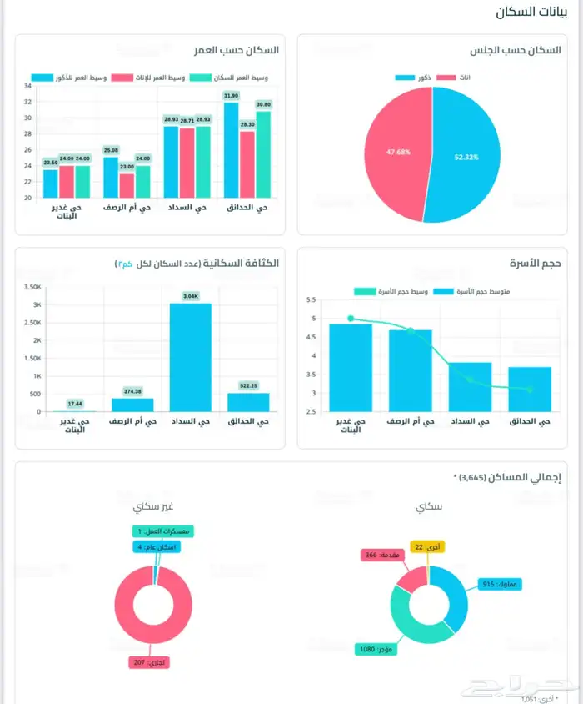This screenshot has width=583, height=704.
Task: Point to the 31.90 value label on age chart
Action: [x=231, y=96]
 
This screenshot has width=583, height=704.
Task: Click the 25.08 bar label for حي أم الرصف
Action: [x=111, y=150]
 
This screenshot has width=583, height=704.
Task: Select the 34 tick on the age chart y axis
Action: [x=27, y=86]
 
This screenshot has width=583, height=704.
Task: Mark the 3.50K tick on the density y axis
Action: [x=32, y=286]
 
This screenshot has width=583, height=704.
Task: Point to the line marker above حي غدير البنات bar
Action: [x=351, y=318]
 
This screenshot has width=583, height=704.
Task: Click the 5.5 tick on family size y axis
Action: [x=311, y=299]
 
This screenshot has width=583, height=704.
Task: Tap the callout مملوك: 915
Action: [x=501, y=585]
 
